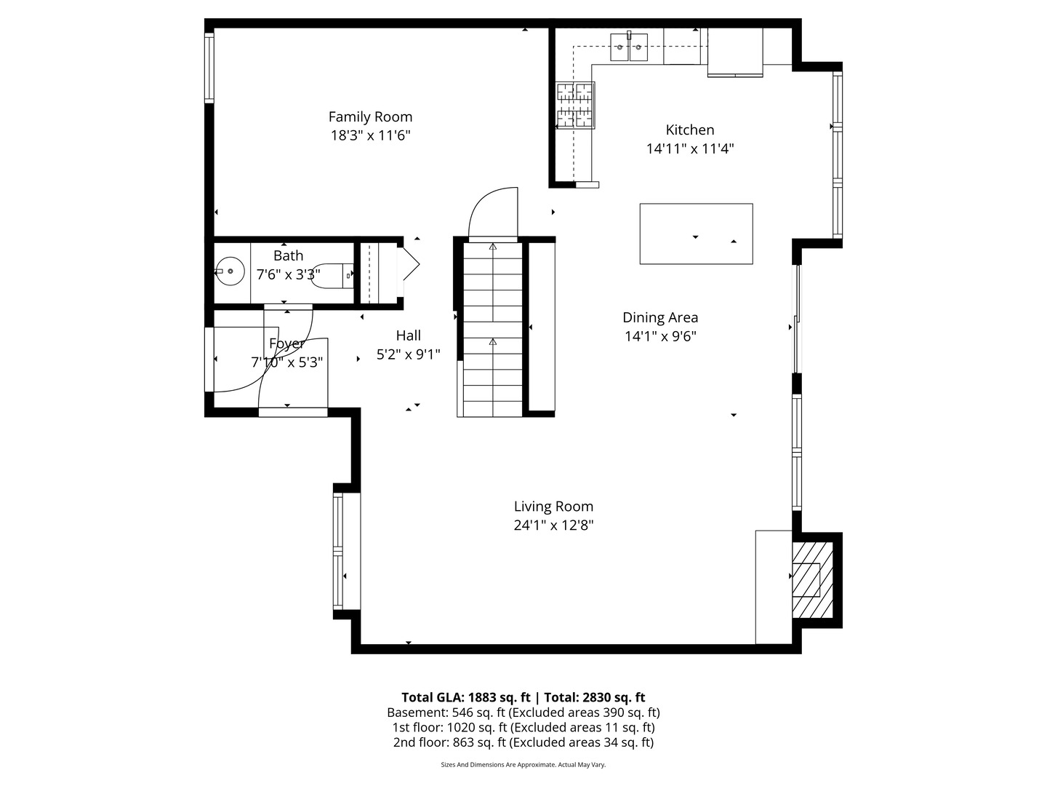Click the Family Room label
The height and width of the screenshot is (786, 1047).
tap(370, 116)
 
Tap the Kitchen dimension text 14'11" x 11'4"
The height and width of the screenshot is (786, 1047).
tap(690, 148)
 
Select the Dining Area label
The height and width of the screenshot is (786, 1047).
tap(660, 317)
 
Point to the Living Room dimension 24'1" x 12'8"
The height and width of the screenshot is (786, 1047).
tap(553, 525)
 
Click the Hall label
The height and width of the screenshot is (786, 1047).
tap(408, 336)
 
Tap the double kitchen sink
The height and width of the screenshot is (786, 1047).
tap(629, 47)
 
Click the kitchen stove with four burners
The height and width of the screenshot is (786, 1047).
tap(575, 106)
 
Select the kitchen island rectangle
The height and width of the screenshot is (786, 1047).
tap(696, 234)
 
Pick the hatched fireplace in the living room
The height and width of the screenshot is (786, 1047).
tap(811, 580)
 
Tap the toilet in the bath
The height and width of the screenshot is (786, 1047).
tap(333, 275)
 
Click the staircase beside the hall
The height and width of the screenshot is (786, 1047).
tap(492, 330)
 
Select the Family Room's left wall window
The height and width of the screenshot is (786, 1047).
tap(209, 68)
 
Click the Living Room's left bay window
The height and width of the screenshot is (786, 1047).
tap(338, 551)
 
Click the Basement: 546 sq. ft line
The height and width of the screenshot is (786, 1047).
tap(523, 712)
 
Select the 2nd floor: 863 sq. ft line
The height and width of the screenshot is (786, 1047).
tap(523, 742)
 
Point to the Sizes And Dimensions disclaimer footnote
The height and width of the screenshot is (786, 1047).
tap(523, 765)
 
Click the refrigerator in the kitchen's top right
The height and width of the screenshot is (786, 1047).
tap(735, 51)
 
